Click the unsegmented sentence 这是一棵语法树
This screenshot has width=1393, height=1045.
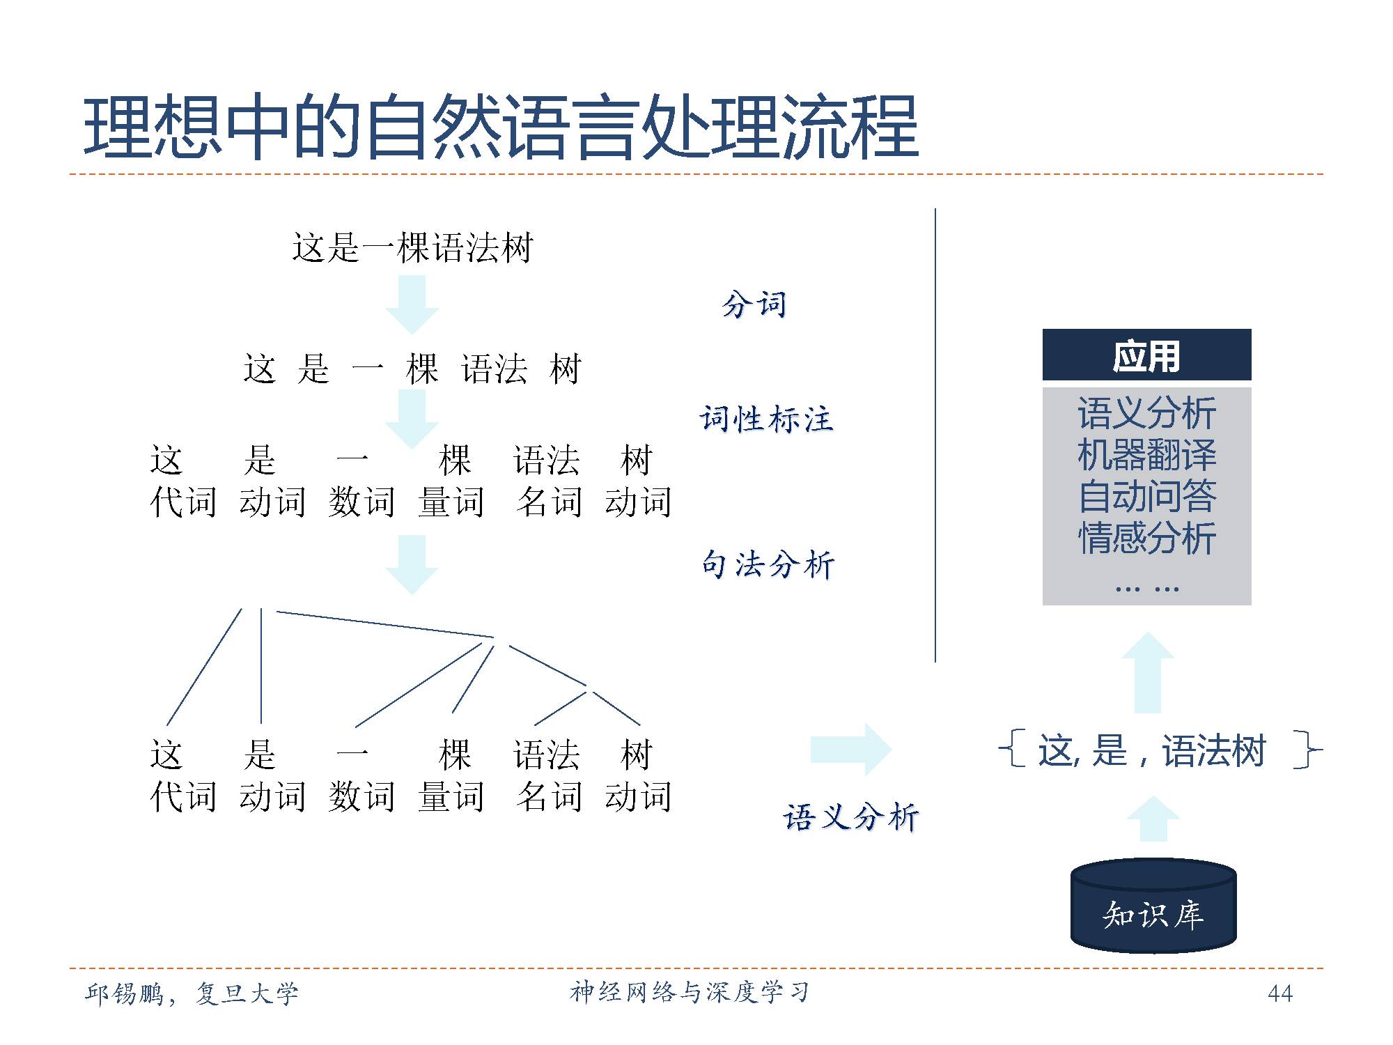(x=412, y=248)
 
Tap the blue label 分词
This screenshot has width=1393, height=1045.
(x=754, y=304)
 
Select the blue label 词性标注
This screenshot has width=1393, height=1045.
(x=766, y=419)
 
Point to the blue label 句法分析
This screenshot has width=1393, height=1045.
(x=768, y=564)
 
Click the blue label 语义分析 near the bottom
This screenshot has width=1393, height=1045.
(x=850, y=816)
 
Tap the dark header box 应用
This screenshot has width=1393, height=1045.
(x=1146, y=355)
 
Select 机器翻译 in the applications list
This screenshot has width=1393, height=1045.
(x=1146, y=455)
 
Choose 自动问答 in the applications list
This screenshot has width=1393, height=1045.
(x=1146, y=496)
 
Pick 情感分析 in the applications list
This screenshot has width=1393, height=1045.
(x=1146, y=538)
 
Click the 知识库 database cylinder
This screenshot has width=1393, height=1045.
(x=1153, y=906)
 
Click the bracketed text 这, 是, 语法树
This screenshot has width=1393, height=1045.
(x=1153, y=750)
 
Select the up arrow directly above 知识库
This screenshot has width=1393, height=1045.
(x=1153, y=819)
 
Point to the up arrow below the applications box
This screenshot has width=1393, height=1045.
(x=1148, y=672)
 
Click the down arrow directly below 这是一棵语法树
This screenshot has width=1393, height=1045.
(x=412, y=304)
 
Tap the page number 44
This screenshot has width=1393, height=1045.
(x=1280, y=993)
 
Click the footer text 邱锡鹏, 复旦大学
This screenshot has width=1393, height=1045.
(x=192, y=993)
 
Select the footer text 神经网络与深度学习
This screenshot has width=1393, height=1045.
(x=690, y=992)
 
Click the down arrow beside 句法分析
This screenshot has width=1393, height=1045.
(x=412, y=564)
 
